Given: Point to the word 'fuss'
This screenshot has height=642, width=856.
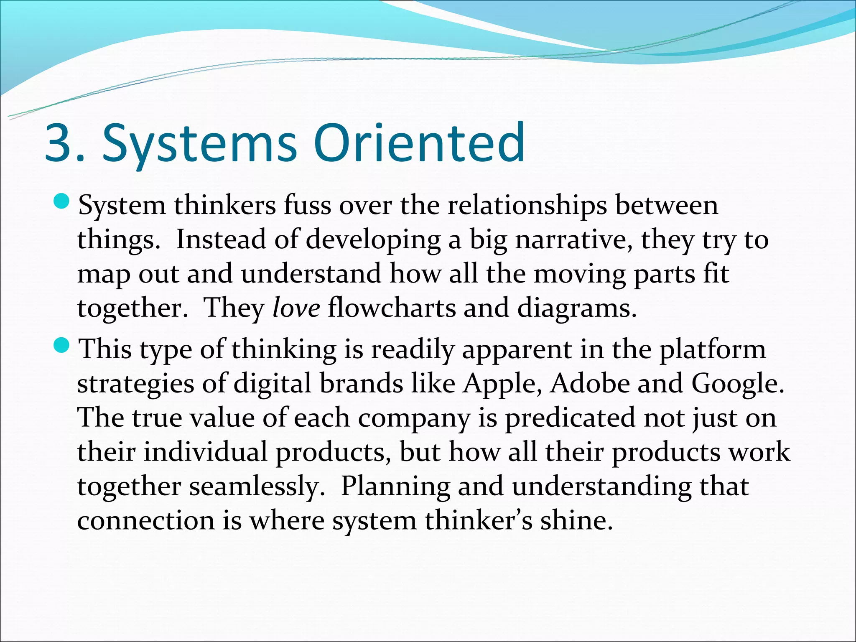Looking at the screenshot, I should pos(307,206).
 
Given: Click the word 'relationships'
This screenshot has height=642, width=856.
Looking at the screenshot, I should pos(527,206).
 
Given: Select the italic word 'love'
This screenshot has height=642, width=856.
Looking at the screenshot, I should pos(296,308).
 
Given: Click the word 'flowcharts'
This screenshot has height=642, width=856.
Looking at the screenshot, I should pos(392,308).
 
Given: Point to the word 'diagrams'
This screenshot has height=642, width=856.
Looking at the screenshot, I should pos(577,309).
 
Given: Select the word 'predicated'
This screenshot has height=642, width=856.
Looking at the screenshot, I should pos(570,418).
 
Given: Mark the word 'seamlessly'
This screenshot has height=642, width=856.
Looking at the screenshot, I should pos(257,487).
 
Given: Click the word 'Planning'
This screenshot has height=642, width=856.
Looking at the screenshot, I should pos(395,487).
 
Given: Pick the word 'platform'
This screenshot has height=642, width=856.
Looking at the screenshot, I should pos(713,349).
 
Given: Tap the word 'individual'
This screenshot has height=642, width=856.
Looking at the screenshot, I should pos(205,452).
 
